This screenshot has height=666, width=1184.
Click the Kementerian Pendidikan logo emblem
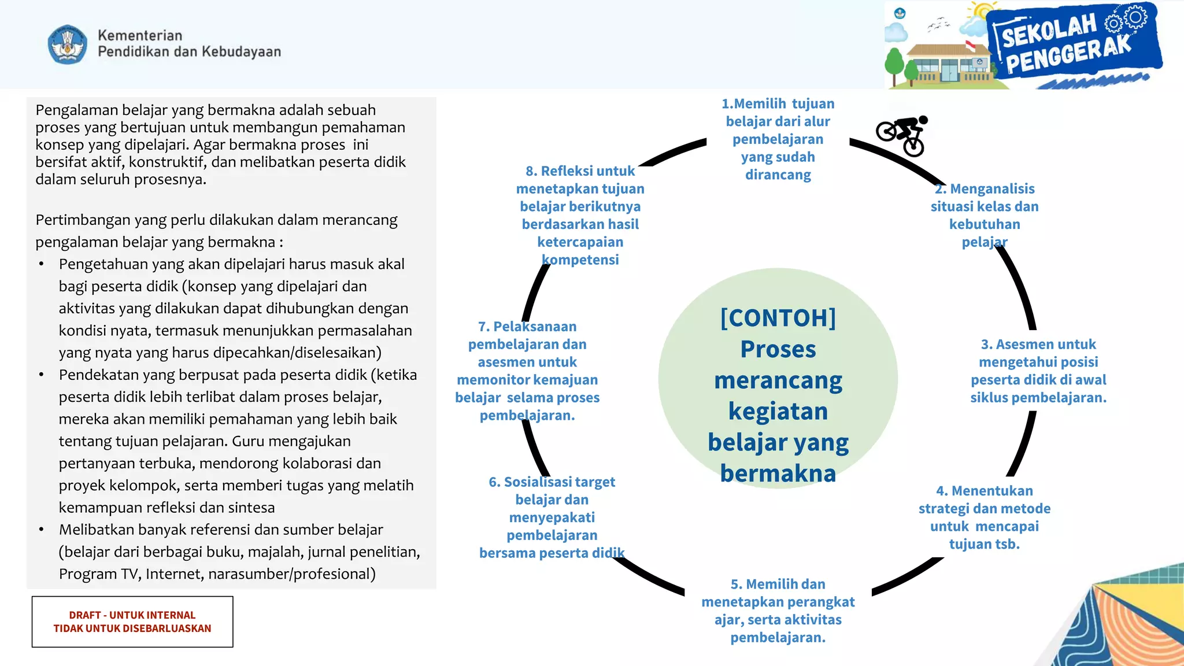tap(68, 44)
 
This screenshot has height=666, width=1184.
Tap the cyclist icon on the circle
tap(903, 135)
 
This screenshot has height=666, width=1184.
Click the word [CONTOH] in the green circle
tap(778, 318)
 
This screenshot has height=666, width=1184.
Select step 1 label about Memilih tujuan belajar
tap(778, 139)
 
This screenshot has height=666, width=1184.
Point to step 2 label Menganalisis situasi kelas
tap(984, 215)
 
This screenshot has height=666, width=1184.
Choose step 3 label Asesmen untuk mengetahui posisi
tap(1038, 371)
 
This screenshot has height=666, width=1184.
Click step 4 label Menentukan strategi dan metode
tap(984, 517)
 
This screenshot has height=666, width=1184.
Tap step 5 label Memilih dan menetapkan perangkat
tap(778, 610)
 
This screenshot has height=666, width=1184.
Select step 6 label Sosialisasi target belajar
tap(552, 517)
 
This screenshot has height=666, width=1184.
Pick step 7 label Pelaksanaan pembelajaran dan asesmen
tap(527, 371)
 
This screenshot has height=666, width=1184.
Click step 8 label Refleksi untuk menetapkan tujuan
tap(580, 215)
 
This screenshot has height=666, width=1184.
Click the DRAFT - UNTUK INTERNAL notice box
tap(132, 621)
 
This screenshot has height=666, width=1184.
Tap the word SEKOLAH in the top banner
tap(1049, 31)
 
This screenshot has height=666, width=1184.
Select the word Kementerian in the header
tap(140, 35)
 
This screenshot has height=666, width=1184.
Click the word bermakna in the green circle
tap(778, 473)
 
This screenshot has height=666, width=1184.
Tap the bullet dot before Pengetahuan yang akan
tap(41, 264)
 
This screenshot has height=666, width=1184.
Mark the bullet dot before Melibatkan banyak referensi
tap(41, 530)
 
